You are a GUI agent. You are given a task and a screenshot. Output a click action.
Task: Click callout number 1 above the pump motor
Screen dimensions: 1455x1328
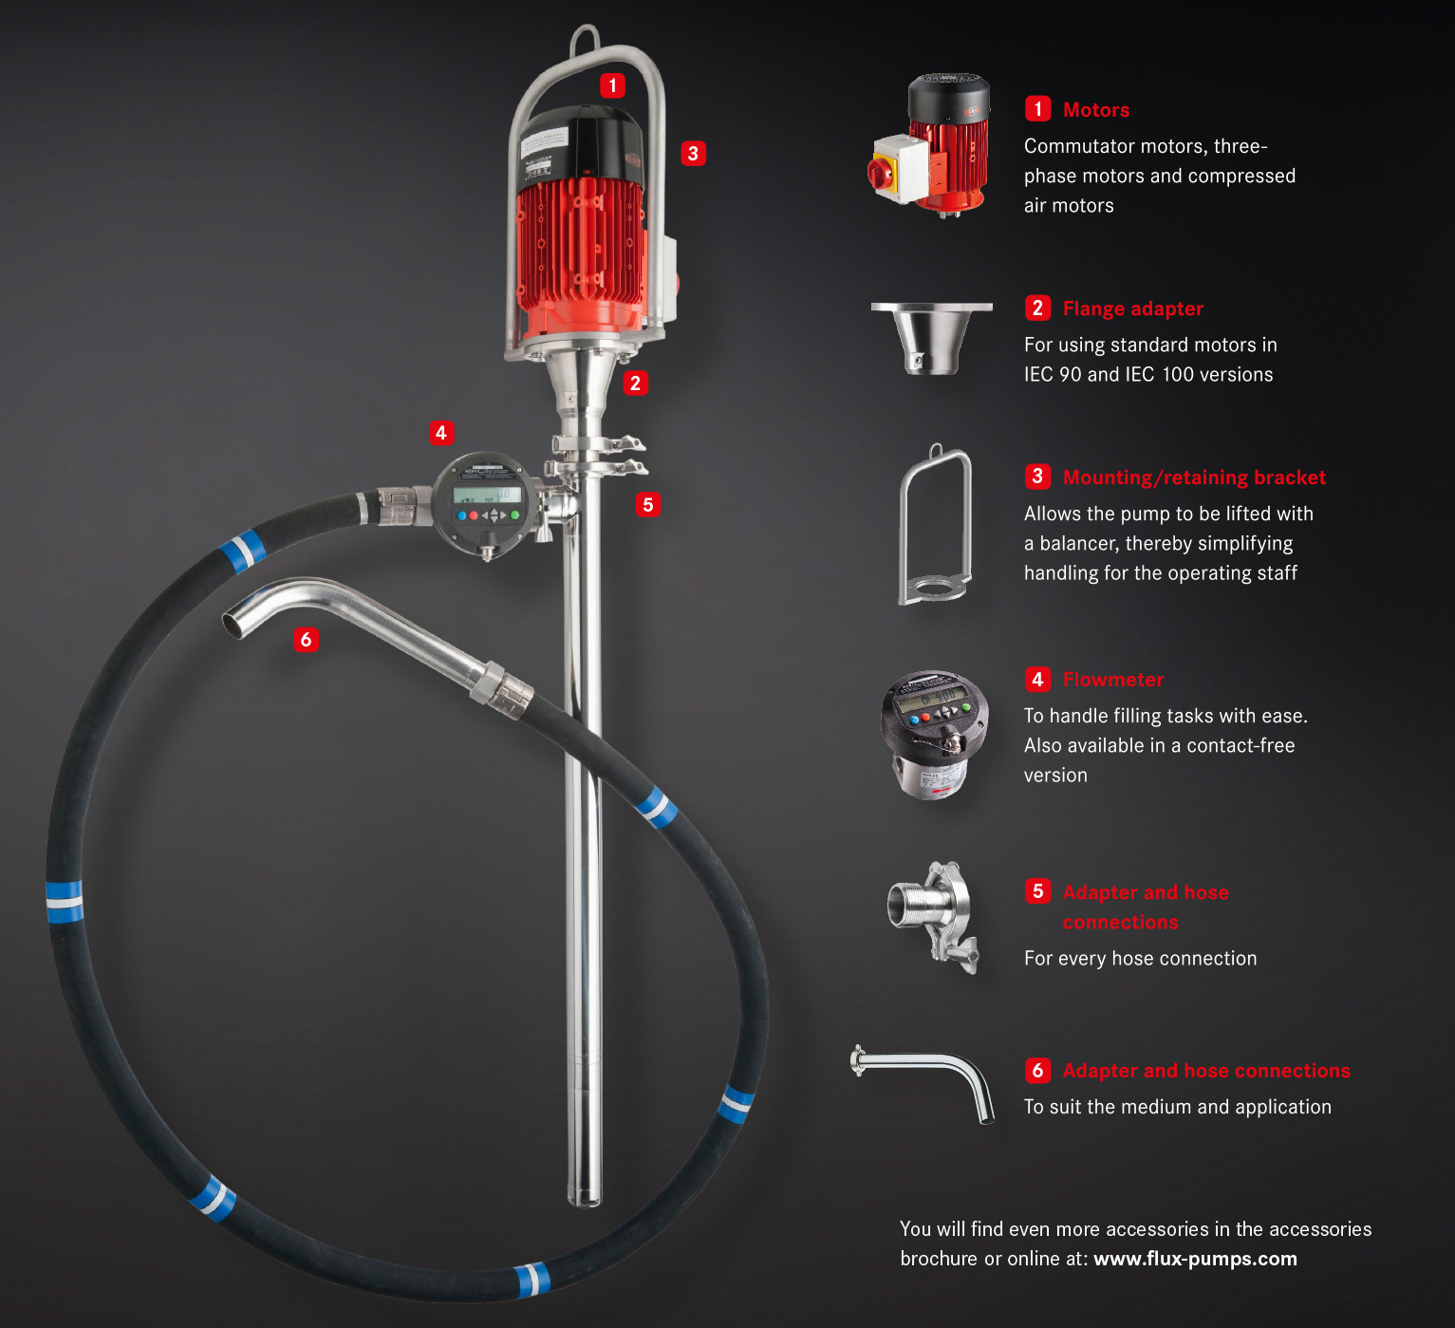(612, 85)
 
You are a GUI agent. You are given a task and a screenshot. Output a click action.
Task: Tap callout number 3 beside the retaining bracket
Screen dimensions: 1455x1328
(693, 153)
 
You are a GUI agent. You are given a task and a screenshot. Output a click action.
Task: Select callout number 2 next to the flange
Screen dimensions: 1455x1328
(635, 383)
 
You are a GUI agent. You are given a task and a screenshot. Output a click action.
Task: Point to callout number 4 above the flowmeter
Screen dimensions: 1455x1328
(441, 433)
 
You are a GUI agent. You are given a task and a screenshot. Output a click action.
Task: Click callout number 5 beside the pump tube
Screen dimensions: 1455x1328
(647, 504)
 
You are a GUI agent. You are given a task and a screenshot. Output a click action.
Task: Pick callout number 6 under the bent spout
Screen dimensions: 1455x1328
(306, 640)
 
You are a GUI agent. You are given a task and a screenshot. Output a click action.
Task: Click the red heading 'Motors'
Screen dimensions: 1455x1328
(1096, 109)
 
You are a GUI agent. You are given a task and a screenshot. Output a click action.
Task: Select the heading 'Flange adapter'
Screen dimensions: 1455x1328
(1133, 309)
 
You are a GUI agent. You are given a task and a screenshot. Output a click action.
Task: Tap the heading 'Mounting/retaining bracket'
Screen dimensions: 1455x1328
(1194, 477)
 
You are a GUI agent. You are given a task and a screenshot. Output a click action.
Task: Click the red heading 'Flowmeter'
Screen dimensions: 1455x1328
(1113, 680)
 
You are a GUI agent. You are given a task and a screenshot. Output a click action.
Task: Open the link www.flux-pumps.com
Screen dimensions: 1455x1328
(1195, 1259)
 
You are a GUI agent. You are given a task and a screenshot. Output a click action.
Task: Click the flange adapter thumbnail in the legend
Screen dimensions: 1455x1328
(931, 338)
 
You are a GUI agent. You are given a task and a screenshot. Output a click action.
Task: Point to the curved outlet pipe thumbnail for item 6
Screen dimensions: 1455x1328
(923, 1084)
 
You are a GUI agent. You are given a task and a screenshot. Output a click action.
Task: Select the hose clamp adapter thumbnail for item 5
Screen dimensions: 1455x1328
(933, 916)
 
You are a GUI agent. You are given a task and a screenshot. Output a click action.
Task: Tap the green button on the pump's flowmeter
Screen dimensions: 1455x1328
(515, 515)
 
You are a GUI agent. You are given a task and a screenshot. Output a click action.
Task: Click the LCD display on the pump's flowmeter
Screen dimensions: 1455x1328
(487, 495)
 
